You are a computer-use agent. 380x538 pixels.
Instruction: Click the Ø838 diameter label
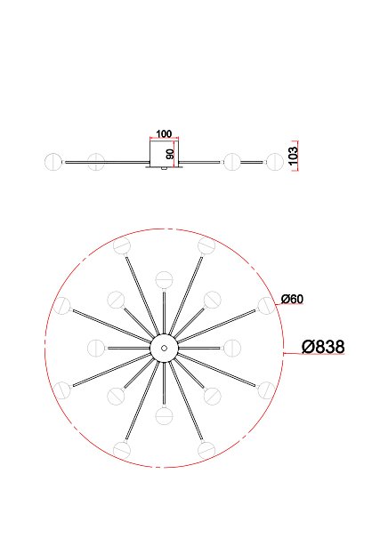(323, 347)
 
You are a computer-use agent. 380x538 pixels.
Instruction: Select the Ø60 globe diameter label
(292, 299)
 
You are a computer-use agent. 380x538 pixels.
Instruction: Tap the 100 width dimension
(164, 133)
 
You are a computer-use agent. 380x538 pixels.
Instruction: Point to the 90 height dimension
(170, 154)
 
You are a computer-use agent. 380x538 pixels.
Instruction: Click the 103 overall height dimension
(293, 156)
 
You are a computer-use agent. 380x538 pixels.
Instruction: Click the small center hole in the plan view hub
(164, 348)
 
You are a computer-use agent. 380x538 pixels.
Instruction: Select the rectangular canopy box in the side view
(164, 153)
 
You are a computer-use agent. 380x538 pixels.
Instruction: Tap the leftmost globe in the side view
(53, 162)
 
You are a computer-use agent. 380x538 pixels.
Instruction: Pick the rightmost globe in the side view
(275, 162)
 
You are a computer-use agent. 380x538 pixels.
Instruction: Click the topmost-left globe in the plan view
(122, 246)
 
